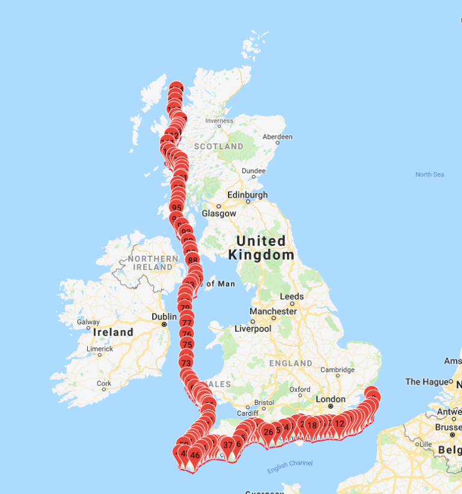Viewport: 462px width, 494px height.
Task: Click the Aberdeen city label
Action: pyautogui.click(x=277, y=137)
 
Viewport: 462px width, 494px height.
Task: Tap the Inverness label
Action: pyautogui.click(x=219, y=120)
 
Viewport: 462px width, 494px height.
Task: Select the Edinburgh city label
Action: pyautogui.click(x=247, y=195)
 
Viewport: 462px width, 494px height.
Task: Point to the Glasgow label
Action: pyautogui.click(x=220, y=213)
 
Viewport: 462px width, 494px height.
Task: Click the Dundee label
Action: pyautogui.click(x=253, y=171)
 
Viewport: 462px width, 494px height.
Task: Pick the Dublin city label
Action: pyautogui.click(x=164, y=316)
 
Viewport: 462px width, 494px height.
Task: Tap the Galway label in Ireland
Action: pyautogui.click(x=88, y=322)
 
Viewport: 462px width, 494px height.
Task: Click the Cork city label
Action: pyautogui.click(x=104, y=383)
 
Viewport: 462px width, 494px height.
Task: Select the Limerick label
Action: pyautogui.click(x=100, y=348)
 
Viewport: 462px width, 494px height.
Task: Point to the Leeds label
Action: pyautogui.click(x=292, y=297)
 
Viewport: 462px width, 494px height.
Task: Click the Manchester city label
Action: pyautogui.click(x=274, y=311)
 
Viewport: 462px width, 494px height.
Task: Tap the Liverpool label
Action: pyautogui.click(x=253, y=329)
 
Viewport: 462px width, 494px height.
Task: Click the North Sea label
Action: pyautogui.click(x=430, y=174)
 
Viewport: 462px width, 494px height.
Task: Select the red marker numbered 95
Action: pyautogui.click(x=177, y=208)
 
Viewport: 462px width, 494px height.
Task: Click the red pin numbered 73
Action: pyautogui.click(x=186, y=363)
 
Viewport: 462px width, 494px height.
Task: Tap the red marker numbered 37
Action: pyautogui.click(x=228, y=445)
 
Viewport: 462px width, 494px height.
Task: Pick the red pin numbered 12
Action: pyautogui.click(x=339, y=424)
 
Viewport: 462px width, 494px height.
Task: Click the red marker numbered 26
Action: pyautogui.click(x=268, y=431)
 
